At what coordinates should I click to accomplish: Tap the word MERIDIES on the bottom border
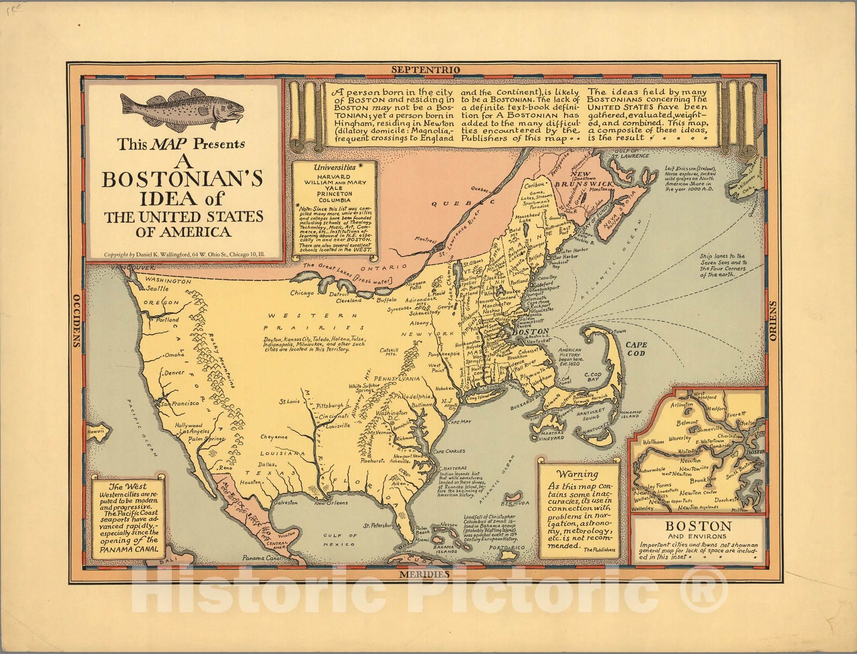424,574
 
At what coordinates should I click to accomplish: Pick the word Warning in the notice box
577,474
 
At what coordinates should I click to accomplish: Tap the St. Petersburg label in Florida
379,525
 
